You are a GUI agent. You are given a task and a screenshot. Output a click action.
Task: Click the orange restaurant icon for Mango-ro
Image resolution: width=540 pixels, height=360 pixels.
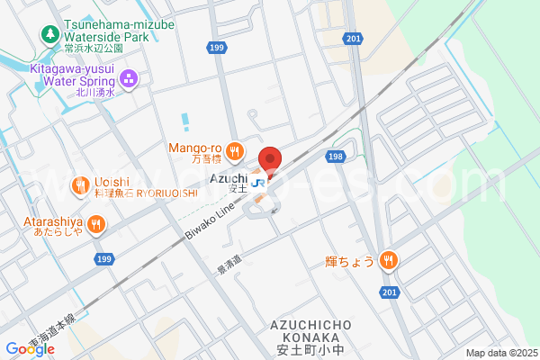click(x=234, y=150)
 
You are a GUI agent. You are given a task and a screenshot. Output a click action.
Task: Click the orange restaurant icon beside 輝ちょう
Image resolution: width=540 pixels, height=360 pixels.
click(x=388, y=260)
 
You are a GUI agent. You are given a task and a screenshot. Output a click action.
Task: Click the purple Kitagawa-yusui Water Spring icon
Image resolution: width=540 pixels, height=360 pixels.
click(x=129, y=79)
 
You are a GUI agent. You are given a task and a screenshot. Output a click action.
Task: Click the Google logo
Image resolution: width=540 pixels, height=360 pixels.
click(x=29, y=348)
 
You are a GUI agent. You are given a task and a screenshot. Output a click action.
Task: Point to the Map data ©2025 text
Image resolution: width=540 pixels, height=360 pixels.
click(x=500, y=353)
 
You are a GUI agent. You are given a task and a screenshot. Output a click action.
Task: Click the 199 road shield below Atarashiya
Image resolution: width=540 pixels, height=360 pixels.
click(x=104, y=259)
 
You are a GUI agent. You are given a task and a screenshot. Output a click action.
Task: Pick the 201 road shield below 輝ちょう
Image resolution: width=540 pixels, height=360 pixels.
click(x=389, y=292)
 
